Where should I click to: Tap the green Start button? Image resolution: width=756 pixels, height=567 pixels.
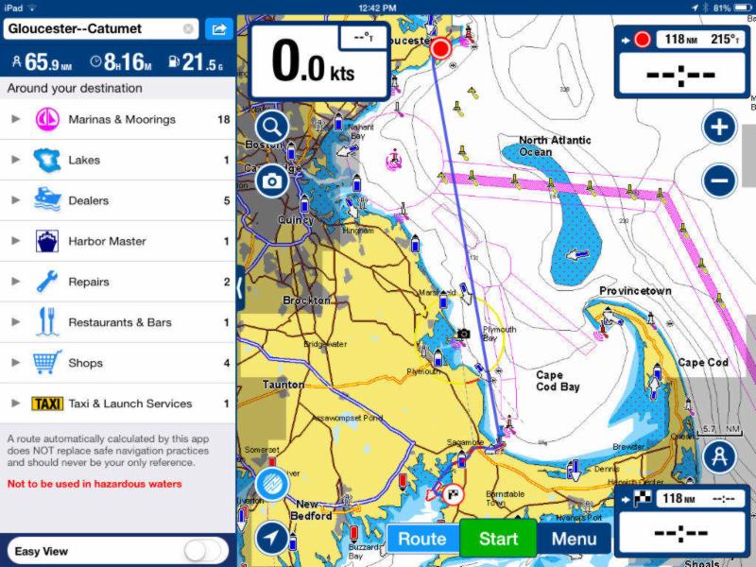(x=498, y=540)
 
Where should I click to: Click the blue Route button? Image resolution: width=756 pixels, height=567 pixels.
(x=421, y=540)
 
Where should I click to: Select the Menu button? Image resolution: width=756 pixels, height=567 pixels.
(x=574, y=540)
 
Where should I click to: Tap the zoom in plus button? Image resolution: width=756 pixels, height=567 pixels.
(x=720, y=128)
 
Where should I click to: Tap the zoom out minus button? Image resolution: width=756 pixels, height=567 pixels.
(x=720, y=180)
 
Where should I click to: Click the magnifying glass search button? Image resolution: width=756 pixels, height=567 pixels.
(x=272, y=128)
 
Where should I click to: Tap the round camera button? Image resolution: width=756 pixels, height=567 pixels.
(x=272, y=180)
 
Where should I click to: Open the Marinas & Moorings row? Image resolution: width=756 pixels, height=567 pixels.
(x=118, y=120)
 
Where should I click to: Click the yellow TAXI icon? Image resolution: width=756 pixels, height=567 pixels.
(x=47, y=404)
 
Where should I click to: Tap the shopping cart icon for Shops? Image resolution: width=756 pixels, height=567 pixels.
(x=47, y=363)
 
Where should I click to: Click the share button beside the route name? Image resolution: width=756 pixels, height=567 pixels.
(x=218, y=29)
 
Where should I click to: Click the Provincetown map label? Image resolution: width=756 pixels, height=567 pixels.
(x=635, y=291)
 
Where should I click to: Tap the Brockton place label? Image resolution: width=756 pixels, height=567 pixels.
(x=307, y=301)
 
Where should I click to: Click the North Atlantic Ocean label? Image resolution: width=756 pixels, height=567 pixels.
(x=555, y=146)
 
